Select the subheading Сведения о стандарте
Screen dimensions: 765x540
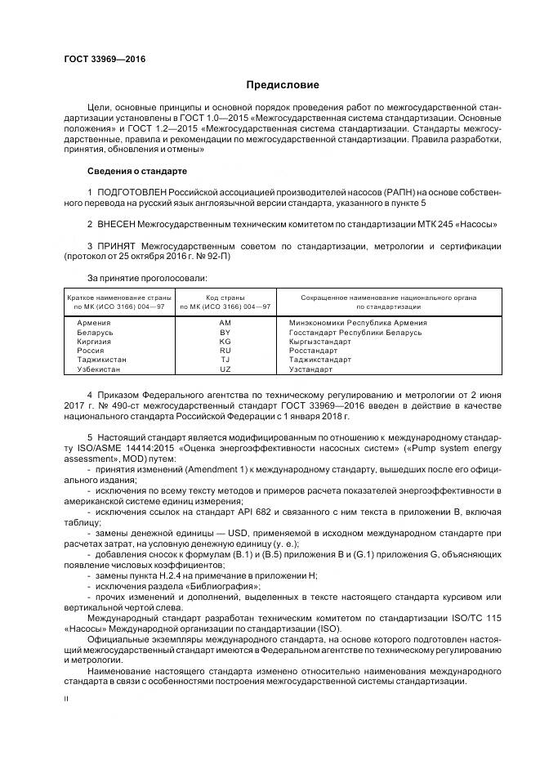137,171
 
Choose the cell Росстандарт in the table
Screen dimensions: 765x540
313,351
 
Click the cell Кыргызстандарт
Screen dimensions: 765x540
320,342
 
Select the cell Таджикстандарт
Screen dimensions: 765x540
320,360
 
